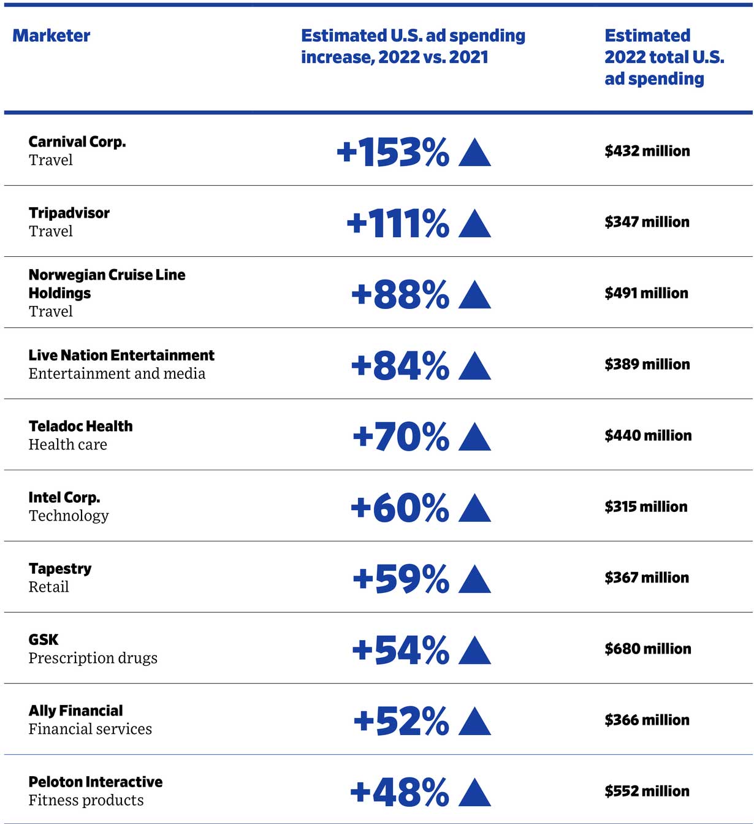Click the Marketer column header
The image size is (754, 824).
51,36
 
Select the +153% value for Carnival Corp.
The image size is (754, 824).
392,152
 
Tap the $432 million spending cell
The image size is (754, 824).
647,151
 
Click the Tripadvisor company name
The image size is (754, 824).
69,213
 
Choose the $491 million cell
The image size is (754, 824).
646,293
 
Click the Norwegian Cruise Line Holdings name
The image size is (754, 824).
107,283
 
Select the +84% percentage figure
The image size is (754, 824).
400,365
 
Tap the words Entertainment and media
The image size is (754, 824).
116,373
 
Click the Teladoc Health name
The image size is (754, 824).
80,426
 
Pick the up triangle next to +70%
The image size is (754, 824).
474,437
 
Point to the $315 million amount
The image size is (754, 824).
645,506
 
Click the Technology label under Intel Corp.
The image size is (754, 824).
69,516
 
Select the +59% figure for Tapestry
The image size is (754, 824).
401,579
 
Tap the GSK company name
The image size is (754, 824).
43,639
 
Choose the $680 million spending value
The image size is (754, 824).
647,649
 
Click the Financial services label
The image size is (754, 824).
90,729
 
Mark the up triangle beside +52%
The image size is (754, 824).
474,722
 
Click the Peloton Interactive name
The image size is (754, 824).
96,782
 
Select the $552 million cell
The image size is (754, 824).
647,791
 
